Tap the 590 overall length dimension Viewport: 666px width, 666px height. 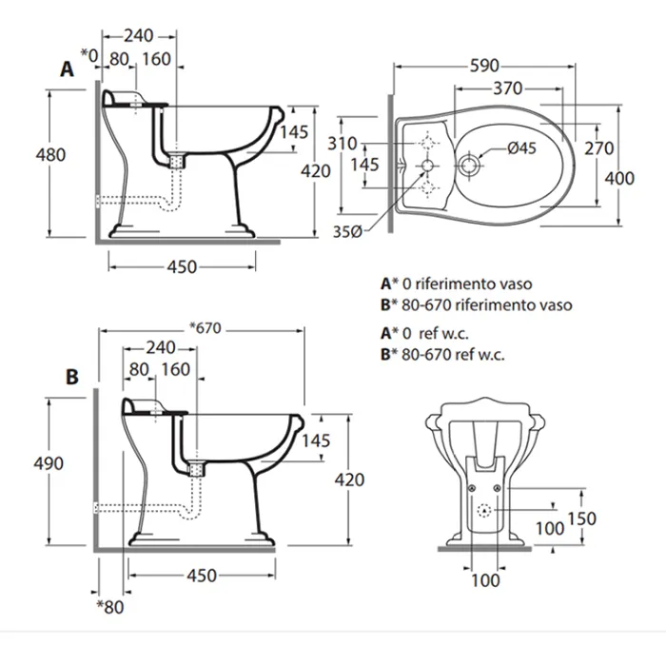click(x=484, y=67)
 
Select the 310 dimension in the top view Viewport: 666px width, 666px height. click(x=342, y=144)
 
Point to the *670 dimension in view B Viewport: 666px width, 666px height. click(x=205, y=329)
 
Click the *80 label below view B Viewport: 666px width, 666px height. click(x=111, y=606)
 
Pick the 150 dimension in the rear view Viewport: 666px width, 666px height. click(x=582, y=519)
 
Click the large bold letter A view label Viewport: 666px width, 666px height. click(x=66, y=69)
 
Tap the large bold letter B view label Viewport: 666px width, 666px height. click(x=71, y=377)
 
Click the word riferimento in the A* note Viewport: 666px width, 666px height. click(x=458, y=284)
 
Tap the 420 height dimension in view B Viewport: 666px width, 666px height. click(x=350, y=480)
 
